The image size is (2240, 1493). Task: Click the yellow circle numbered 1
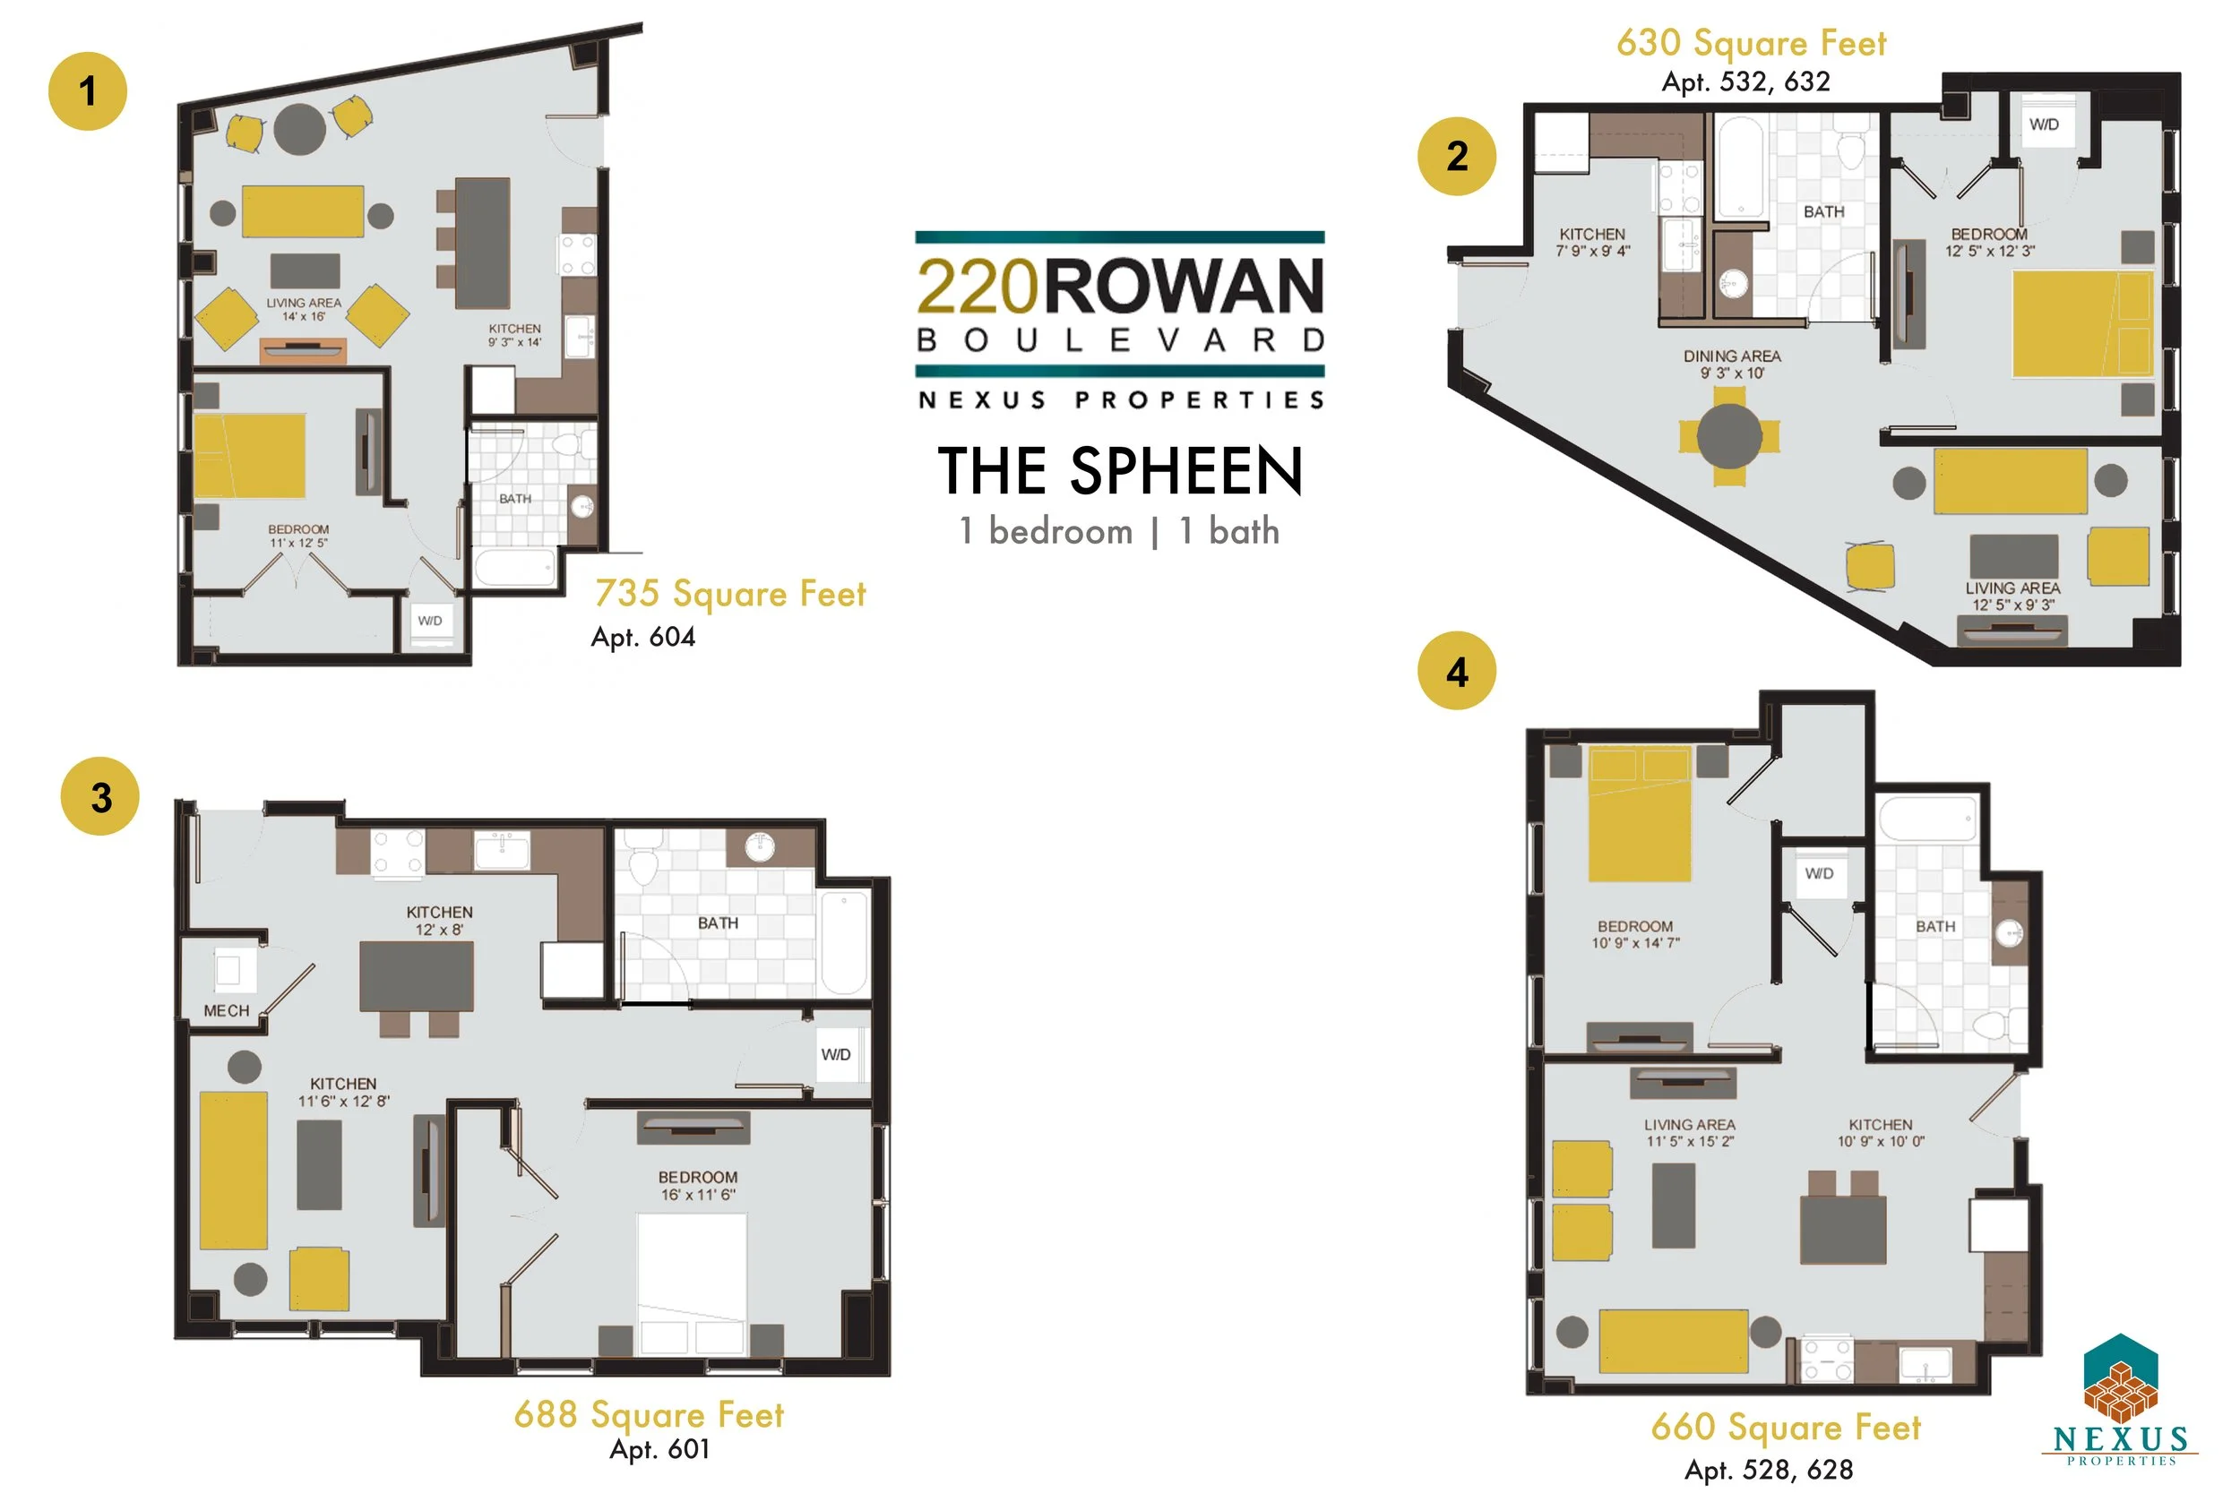point(88,91)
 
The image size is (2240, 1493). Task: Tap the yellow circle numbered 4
point(1456,672)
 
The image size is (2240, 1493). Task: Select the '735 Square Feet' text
point(730,593)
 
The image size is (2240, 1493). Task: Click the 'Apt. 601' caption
point(659,1449)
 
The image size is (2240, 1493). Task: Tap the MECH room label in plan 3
point(226,1010)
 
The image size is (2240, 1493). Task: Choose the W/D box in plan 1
point(429,621)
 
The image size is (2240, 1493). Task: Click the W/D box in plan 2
point(2044,124)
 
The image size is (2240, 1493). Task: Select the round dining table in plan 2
point(1729,435)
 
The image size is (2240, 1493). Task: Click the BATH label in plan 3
point(717,922)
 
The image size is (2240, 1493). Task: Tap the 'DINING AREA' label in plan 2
point(1731,356)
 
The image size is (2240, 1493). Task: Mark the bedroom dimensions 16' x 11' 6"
point(698,1195)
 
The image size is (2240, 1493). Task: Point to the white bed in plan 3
point(692,1281)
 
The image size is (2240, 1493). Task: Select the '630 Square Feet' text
point(1751,43)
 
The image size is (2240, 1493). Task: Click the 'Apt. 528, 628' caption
point(1769,1469)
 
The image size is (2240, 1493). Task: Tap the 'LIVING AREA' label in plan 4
point(1690,1125)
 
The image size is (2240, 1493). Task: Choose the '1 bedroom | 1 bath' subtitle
point(1119,531)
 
